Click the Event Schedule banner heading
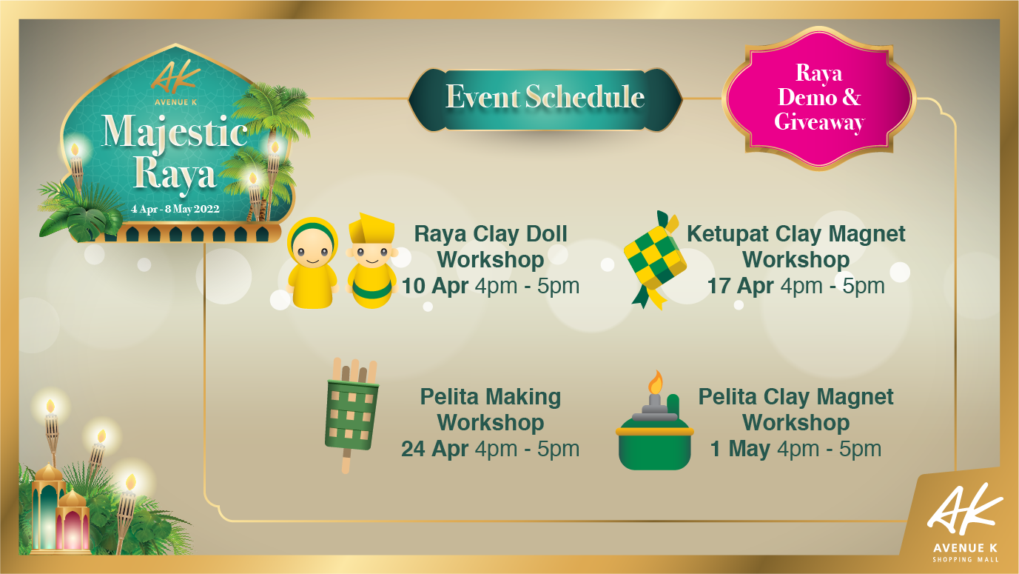545,97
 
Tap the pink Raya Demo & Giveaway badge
819,98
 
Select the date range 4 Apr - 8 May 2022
175,209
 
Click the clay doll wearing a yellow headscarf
312,263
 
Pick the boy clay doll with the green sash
371,261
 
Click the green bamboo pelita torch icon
352,414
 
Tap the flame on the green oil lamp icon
655,381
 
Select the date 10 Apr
435,286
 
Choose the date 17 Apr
740,286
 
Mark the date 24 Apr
434,449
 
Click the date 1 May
740,449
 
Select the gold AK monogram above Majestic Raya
175,76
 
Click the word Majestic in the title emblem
175,132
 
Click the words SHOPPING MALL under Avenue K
966,559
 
